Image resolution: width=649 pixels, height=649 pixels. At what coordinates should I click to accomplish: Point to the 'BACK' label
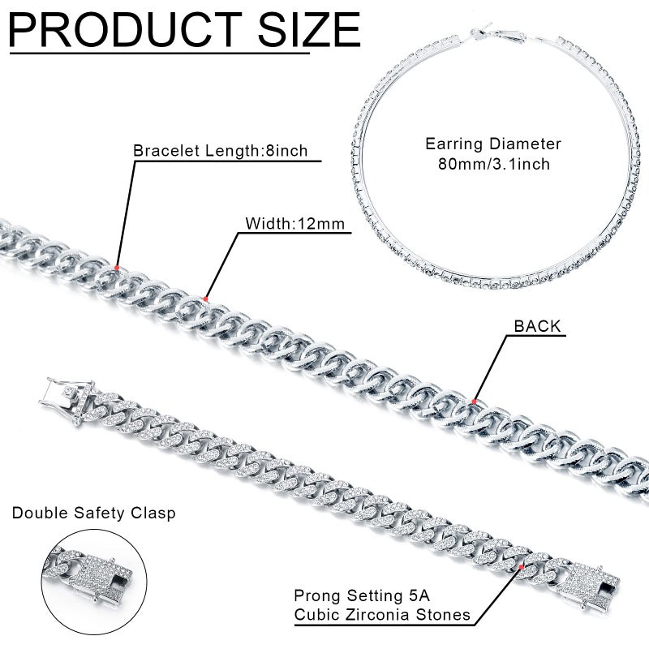537,326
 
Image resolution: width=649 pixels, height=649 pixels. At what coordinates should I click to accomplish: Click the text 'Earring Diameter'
493,144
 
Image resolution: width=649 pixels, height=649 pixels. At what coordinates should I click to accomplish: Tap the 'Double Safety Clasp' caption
93,513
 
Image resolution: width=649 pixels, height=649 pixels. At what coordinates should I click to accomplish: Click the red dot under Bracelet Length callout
118,267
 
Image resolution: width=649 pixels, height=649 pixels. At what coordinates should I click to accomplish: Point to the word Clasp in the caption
155,513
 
